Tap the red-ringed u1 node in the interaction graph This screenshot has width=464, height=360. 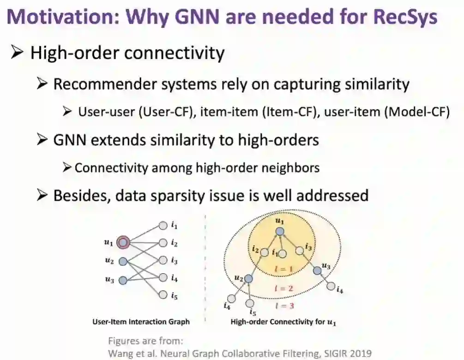[x=123, y=241]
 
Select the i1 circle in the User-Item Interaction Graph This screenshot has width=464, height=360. [x=163, y=226]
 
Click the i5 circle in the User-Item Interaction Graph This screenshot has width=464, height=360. [x=163, y=295]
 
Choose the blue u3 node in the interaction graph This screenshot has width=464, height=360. [x=123, y=280]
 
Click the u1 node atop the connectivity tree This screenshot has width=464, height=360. [x=279, y=232]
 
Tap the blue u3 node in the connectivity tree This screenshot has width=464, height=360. [x=317, y=270]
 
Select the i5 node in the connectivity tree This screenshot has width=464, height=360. [x=250, y=303]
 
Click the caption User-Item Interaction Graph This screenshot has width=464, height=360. [x=141, y=321]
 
